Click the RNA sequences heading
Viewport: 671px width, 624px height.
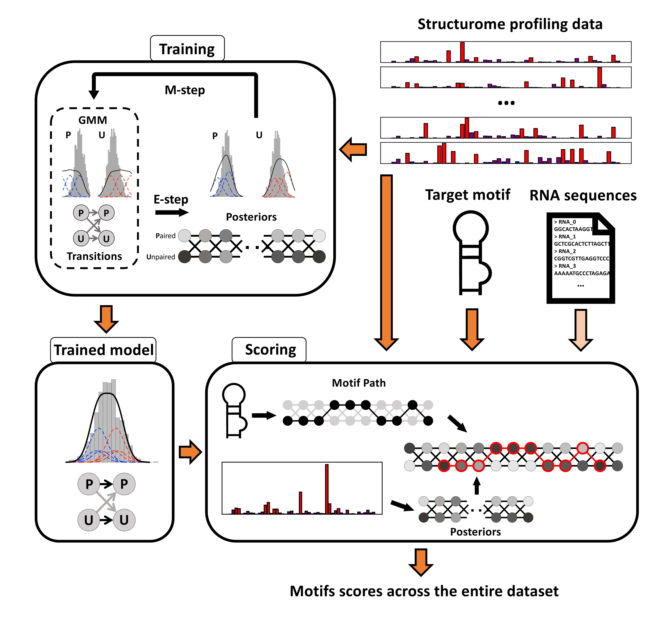click(x=583, y=195)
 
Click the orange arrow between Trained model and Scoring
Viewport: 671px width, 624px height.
click(x=190, y=452)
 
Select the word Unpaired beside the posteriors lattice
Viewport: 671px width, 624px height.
click(x=161, y=257)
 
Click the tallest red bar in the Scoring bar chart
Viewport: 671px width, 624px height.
click(x=327, y=489)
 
